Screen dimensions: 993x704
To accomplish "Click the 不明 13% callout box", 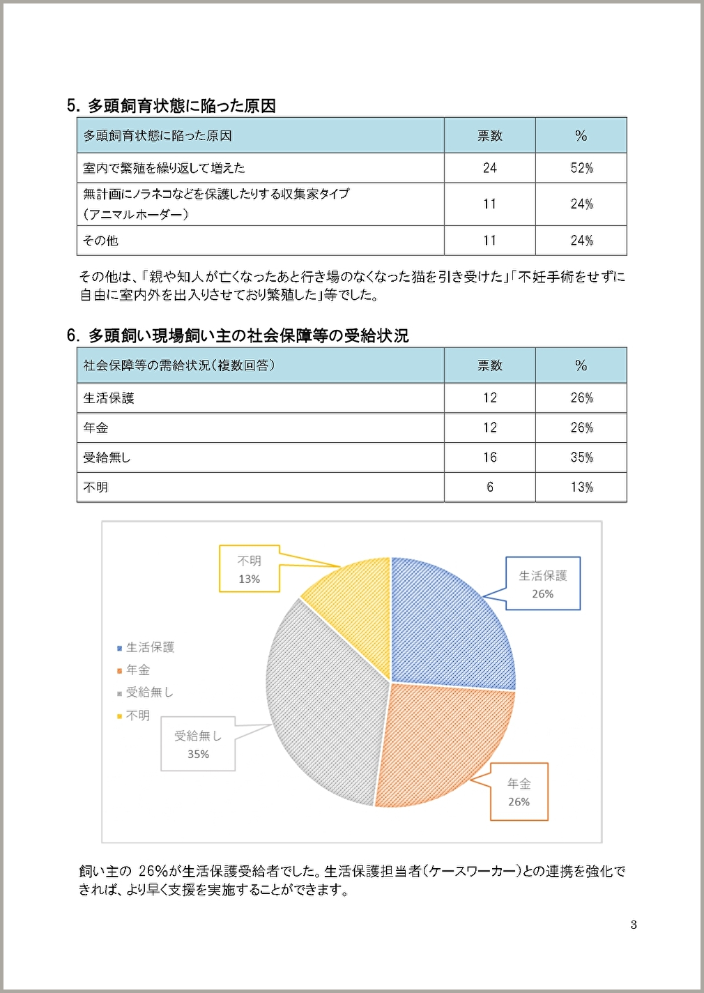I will click(250, 569).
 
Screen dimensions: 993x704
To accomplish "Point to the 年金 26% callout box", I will click(519, 792).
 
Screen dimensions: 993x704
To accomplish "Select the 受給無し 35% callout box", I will click(198, 744).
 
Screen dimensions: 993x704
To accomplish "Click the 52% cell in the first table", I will click(581, 168).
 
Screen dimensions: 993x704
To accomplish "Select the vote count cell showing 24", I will click(490, 168).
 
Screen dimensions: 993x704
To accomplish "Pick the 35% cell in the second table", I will click(581, 457).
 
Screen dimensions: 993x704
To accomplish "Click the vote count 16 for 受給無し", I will click(490, 457).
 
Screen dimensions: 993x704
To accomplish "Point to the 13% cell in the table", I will click(581, 487).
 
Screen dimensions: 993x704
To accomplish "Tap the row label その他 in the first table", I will click(101, 241).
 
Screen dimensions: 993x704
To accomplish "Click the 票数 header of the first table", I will click(490, 136).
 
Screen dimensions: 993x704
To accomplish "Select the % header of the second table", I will click(581, 365).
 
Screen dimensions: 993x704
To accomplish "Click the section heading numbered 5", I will click(171, 106).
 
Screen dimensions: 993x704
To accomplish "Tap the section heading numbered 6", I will click(238, 336).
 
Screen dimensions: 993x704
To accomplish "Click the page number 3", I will click(634, 925).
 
